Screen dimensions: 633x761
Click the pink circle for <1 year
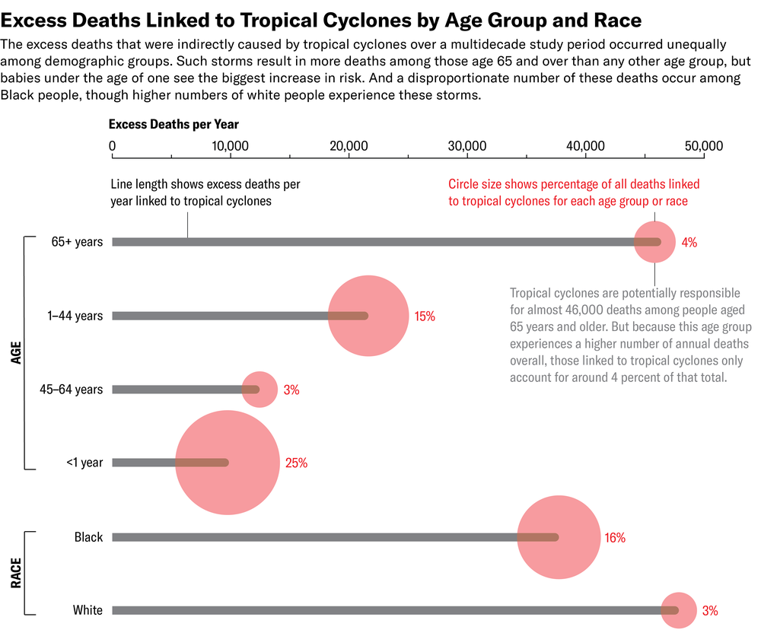click(x=227, y=463)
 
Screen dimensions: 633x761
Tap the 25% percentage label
click(x=296, y=463)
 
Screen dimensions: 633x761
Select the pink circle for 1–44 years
click(x=368, y=316)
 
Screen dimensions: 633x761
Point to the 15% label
click(x=425, y=316)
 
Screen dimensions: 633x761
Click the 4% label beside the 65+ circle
click(x=689, y=243)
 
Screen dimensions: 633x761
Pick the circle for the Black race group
click(x=559, y=537)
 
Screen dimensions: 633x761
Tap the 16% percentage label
click(x=614, y=537)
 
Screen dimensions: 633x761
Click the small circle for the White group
click(x=677, y=610)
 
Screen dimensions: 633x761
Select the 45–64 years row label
click(x=71, y=390)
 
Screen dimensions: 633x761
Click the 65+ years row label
click(x=77, y=243)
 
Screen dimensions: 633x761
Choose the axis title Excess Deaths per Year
click(x=174, y=124)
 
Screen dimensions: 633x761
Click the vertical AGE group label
click(x=15, y=353)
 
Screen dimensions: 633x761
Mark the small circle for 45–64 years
click(x=260, y=390)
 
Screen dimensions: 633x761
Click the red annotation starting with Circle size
click(x=574, y=192)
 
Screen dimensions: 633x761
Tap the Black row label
click(x=88, y=537)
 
